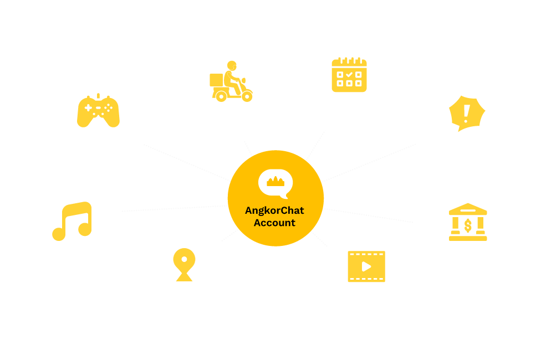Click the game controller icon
98,110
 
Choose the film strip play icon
366,266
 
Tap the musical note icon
73,221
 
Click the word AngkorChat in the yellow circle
275,210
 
